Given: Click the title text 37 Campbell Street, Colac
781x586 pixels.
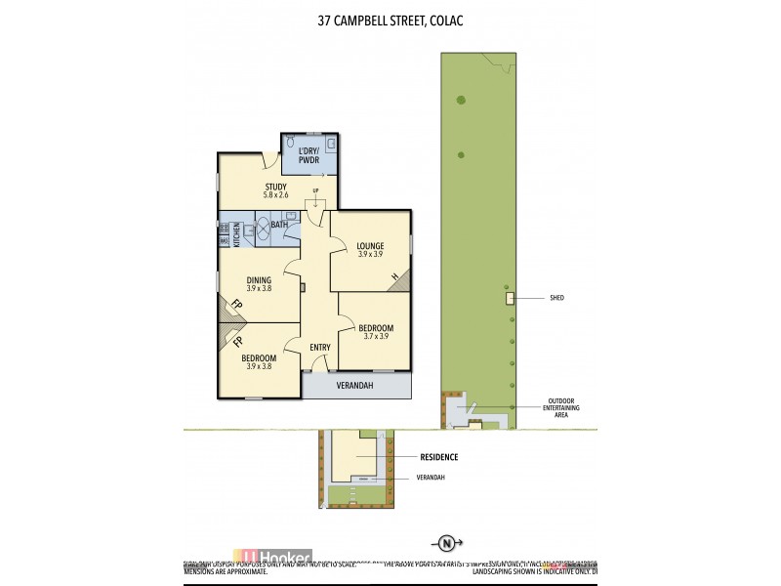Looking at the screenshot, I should click(x=390, y=19).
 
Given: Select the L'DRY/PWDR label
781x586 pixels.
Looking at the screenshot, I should click(x=309, y=155).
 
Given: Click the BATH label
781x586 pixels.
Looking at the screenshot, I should click(x=279, y=226).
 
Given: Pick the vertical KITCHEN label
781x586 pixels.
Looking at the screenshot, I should click(x=236, y=234).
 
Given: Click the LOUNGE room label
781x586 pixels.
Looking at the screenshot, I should click(x=370, y=246).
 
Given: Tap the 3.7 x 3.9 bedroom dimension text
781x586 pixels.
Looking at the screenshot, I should click(x=375, y=336).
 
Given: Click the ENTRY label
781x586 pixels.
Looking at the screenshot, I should click(x=319, y=348).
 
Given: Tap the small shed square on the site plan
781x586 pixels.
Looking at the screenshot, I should click(x=509, y=299).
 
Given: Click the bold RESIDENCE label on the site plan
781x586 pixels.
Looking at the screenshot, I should click(x=439, y=457).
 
